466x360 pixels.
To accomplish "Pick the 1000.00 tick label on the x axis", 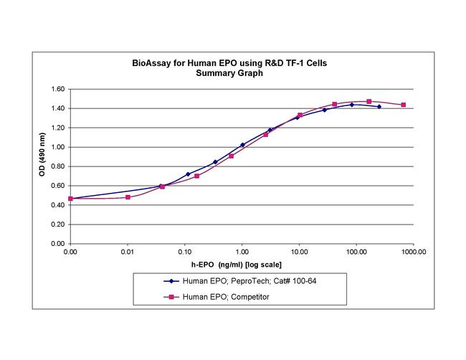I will coord(414,252).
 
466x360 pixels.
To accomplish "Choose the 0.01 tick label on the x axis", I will coord(128,252).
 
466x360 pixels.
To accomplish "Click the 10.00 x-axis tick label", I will coord(299,252).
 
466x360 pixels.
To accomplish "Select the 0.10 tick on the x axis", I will coord(184,252).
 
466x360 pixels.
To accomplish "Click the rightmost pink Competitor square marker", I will coord(404,105).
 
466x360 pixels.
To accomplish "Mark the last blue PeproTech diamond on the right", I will coord(379,107).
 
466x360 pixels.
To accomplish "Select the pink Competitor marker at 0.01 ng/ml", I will coord(128,197).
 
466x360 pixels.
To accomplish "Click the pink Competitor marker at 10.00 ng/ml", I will coord(300,115).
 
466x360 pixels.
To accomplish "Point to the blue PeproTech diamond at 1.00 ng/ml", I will coord(242,145).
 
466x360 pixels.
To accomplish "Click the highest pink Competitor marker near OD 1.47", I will coord(368,102).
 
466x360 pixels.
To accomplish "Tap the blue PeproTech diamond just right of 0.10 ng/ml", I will coord(188,174).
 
